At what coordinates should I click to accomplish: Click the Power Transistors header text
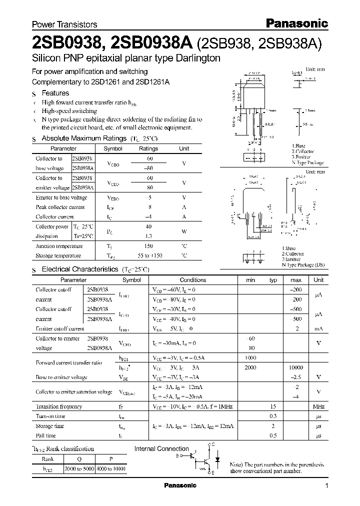pyautogui.click(x=64, y=24)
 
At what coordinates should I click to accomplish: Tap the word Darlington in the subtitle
pyautogui.click(x=196, y=58)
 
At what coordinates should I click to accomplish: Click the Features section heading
pyautogui.click(x=55, y=93)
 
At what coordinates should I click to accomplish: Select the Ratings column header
pyautogui.click(x=148, y=148)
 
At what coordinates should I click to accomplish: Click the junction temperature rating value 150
pyautogui.click(x=148, y=246)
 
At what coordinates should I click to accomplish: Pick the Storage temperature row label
pyautogui.click(x=58, y=255)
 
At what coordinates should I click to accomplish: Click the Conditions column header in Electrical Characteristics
pyautogui.click(x=192, y=280)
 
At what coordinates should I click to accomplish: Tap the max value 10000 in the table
pyautogui.click(x=295, y=367)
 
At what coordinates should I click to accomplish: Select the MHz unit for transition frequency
pyautogui.click(x=318, y=406)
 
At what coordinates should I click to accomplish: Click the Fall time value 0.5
pyautogui.click(x=273, y=435)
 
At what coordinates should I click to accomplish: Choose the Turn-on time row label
pyautogui.click(x=50, y=416)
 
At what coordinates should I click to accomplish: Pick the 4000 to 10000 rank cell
pyautogui.click(x=114, y=469)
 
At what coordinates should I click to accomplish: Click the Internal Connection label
pyautogui.click(x=161, y=449)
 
